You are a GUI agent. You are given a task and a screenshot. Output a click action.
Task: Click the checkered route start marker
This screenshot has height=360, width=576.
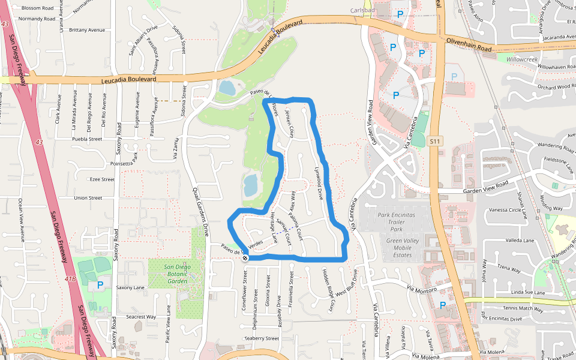(245, 258)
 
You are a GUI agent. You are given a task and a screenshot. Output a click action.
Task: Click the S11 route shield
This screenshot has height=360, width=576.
(436, 141)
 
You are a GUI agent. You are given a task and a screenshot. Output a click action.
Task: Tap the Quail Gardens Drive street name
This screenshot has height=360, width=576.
(201, 209)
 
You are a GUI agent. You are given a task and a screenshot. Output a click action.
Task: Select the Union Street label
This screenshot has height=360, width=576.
(88, 198)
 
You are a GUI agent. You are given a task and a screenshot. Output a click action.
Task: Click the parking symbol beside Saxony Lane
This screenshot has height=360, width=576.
(100, 285)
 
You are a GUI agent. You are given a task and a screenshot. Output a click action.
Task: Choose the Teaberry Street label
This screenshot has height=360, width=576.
(262, 338)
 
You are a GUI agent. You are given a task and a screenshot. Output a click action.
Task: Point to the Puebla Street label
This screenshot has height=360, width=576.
(87, 139)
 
